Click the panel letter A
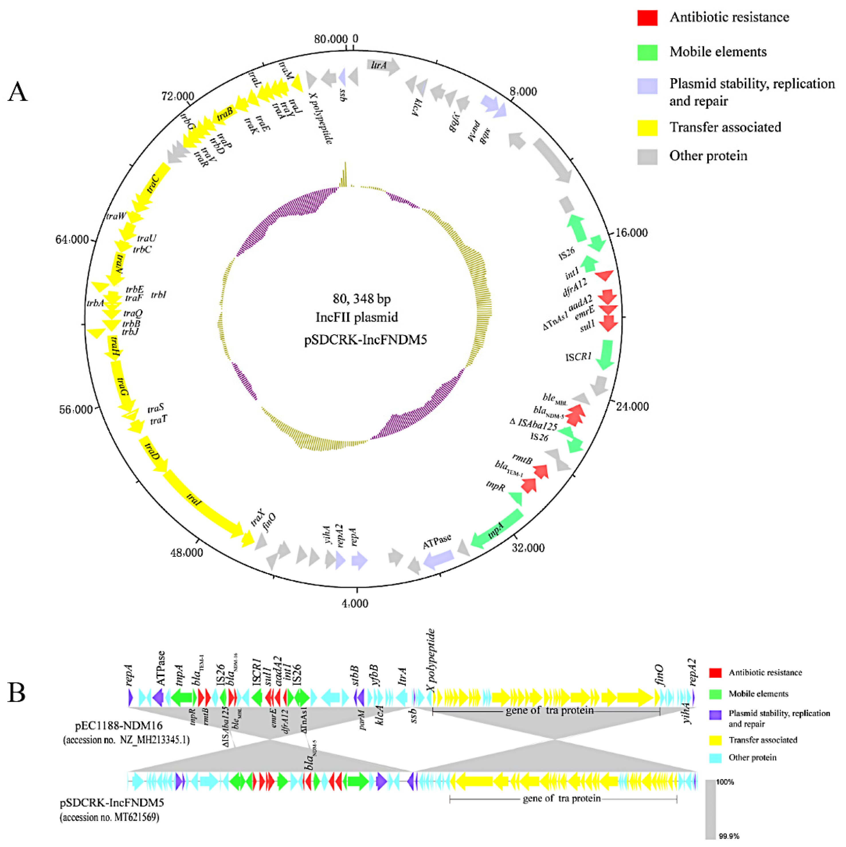click(17, 92)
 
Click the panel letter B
click(17, 692)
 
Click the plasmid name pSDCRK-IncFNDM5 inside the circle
click(365, 340)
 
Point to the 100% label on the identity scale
click(725, 782)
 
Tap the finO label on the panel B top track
click(660, 676)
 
